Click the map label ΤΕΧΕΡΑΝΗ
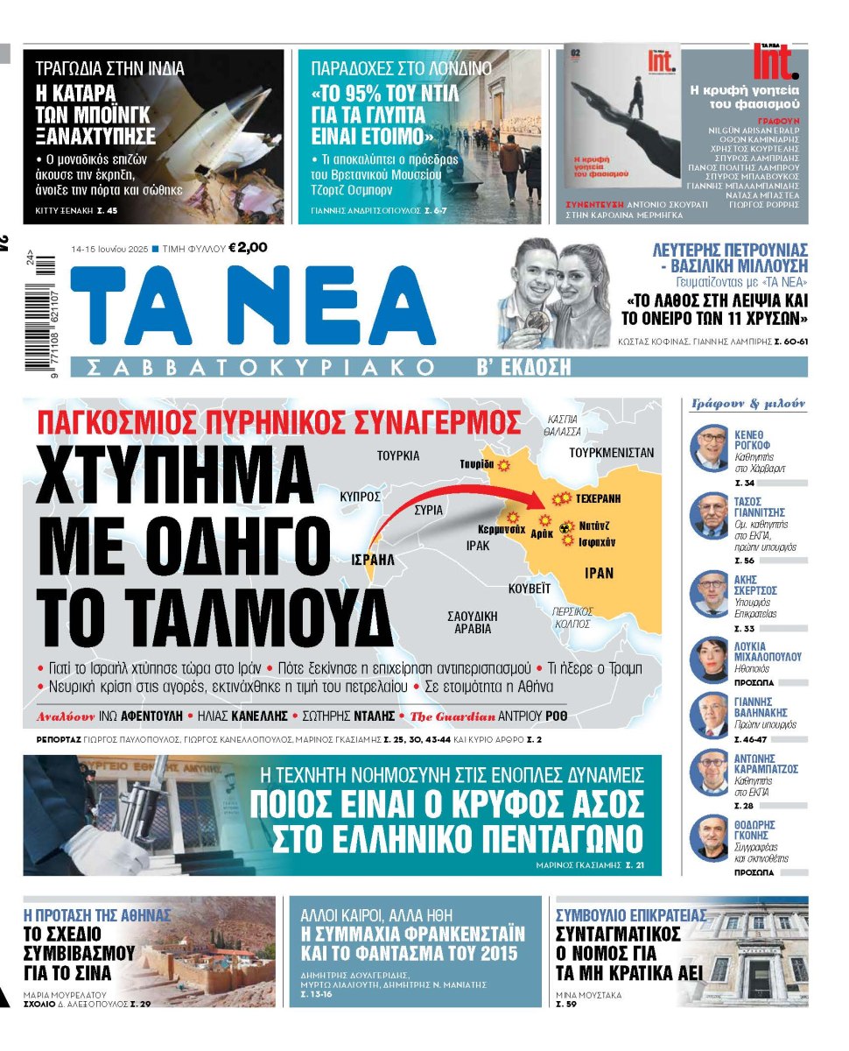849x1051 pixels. [x=598, y=497]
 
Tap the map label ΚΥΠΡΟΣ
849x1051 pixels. [x=360, y=496]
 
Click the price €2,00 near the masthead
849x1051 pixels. [x=248, y=248]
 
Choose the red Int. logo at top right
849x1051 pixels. [x=775, y=60]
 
